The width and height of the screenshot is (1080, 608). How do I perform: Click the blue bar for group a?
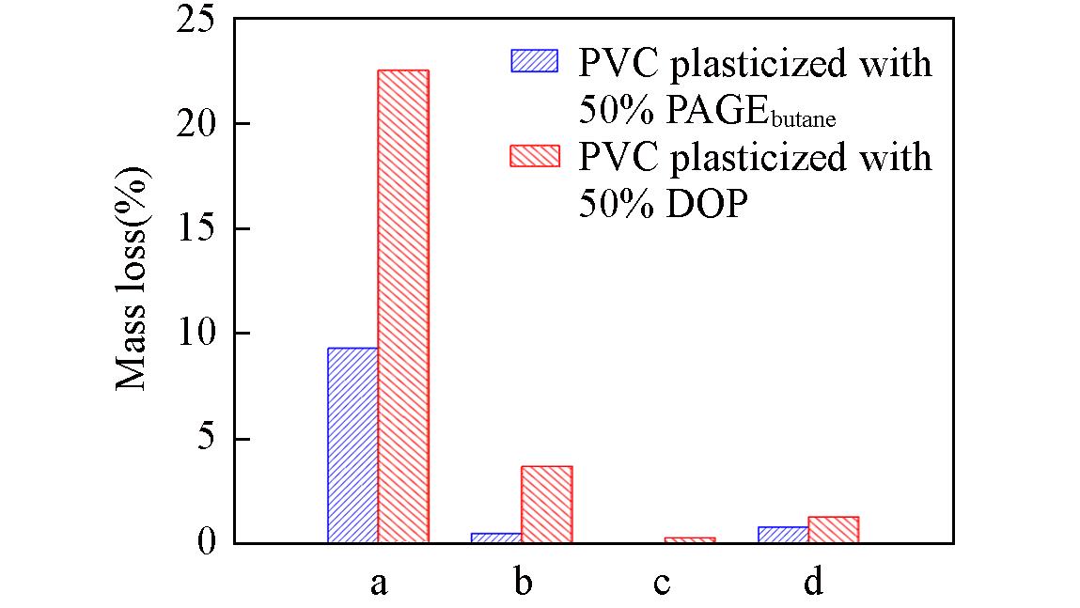[352, 445]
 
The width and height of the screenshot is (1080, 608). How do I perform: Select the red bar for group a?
[403, 306]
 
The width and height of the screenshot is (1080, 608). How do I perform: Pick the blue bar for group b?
[496, 538]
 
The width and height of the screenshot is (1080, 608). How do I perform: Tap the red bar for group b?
[546, 505]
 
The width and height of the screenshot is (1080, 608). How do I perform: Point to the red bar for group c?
[690, 539]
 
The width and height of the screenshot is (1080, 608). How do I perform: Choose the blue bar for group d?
[783, 535]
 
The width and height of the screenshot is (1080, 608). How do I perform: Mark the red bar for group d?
[833, 530]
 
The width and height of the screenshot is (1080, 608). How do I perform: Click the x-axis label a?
[378, 584]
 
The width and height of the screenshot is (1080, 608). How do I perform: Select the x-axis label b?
[523, 583]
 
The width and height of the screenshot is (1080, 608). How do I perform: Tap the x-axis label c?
[663, 584]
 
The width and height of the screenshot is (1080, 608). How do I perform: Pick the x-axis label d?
[812, 583]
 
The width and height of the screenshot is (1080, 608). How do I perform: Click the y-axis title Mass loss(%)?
[133, 279]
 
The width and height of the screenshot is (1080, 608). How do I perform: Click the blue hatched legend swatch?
[534, 60]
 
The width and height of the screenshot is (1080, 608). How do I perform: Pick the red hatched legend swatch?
[534, 155]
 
